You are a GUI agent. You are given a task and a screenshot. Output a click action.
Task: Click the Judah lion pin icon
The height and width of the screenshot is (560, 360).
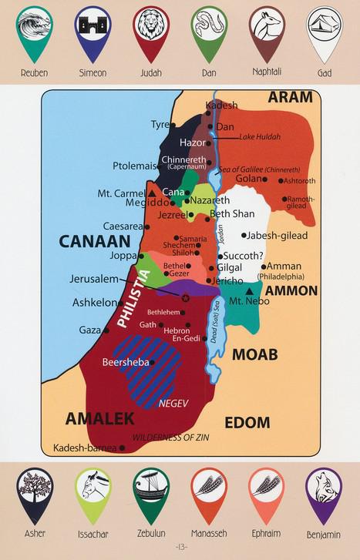(150, 29)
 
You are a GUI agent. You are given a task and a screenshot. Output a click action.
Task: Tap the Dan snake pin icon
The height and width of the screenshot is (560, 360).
(208, 29)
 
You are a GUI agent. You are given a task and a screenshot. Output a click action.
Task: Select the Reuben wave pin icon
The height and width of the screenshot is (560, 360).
(35, 29)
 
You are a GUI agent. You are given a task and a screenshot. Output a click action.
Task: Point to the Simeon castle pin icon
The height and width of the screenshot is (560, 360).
(93, 29)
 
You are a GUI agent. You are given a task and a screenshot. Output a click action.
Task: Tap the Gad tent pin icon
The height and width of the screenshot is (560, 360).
(324, 29)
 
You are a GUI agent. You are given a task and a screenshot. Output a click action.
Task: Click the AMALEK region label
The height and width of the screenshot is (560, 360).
(99, 418)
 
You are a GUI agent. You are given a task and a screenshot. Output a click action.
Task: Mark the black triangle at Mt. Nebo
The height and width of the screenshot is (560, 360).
(250, 292)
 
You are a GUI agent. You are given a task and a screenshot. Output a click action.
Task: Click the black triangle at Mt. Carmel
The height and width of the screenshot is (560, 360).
(152, 193)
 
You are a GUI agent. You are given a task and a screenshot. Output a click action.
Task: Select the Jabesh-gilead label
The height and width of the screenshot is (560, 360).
(278, 235)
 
